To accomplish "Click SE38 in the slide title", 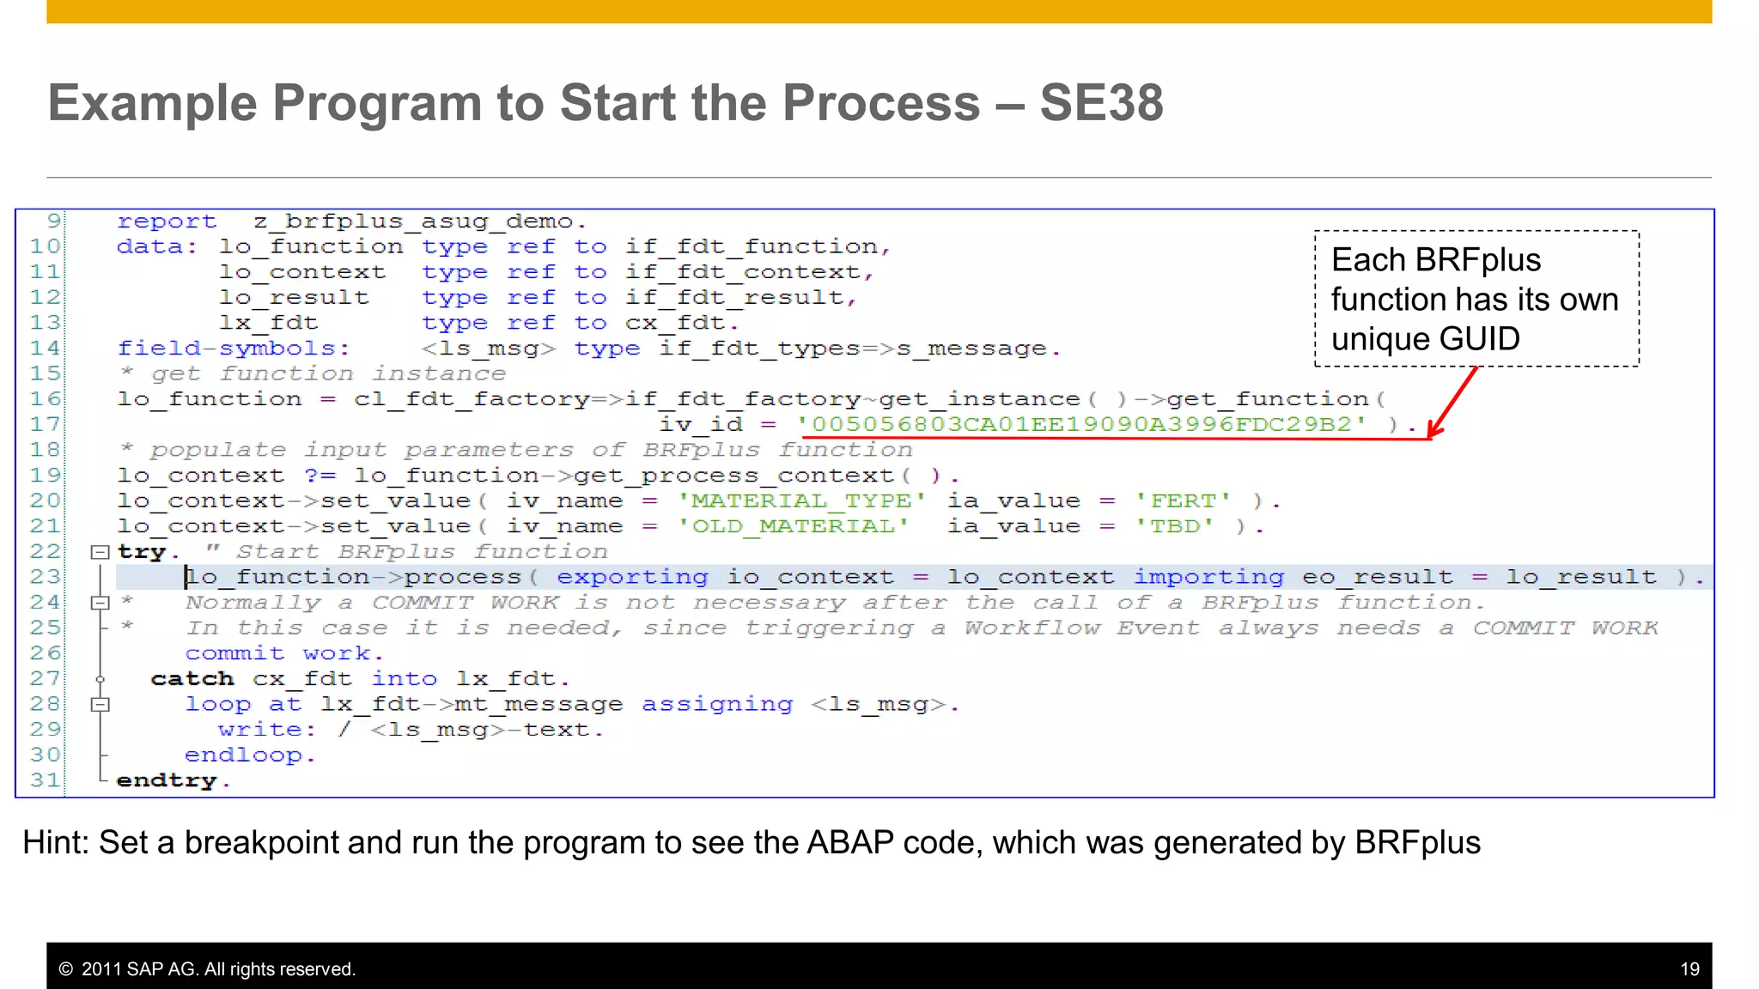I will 1101,103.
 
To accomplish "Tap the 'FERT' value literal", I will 1184,501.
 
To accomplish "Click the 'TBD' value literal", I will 1174,526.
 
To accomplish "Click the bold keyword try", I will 142,552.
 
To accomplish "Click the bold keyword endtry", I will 167,780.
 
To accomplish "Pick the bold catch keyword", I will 192,679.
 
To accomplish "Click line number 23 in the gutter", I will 46,577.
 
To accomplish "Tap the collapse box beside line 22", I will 100,552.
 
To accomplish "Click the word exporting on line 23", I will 632,577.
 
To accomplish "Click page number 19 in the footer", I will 1689,969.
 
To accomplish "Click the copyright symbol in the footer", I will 65,969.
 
